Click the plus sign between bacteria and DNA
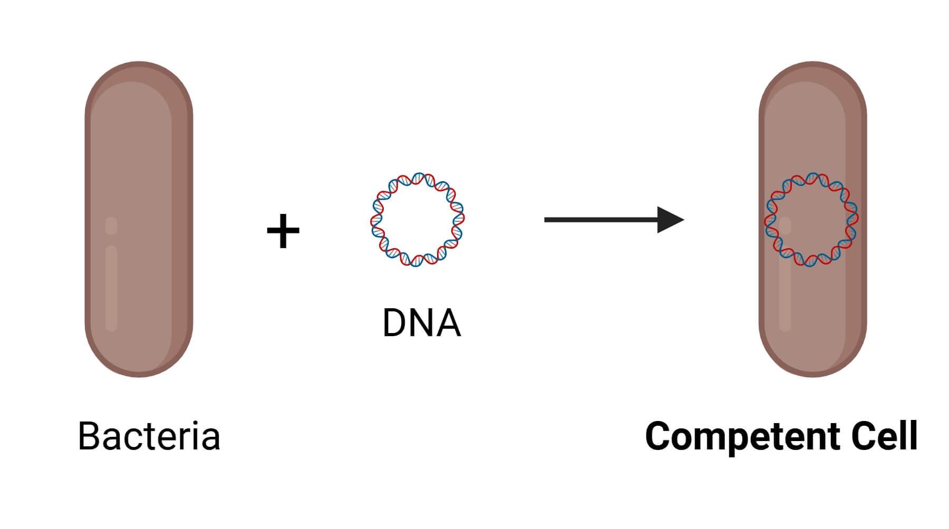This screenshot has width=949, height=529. point(283,231)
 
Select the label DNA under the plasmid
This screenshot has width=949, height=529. point(421,322)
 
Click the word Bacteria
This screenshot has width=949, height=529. point(149,436)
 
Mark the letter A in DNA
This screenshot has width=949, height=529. point(449,322)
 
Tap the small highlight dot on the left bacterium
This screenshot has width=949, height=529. point(111,226)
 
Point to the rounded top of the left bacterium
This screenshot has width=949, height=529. point(139,74)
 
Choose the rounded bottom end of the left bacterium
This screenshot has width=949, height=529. point(139,366)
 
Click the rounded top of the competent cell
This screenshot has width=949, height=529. point(812,74)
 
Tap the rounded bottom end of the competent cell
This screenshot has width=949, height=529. point(812,366)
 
